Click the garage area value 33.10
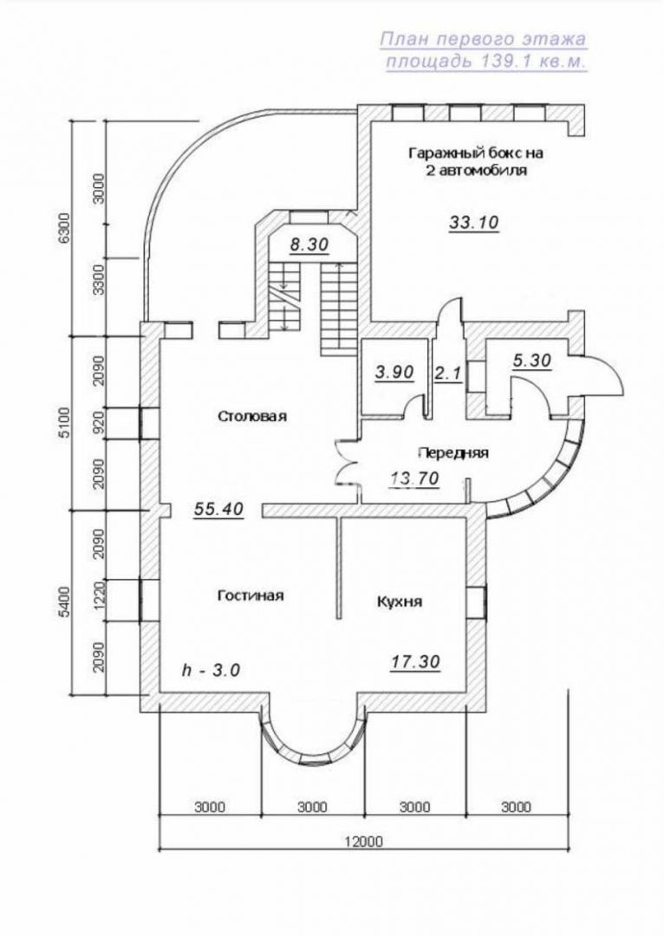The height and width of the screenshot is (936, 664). [x=473, y=223]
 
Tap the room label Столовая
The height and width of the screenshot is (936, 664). [x=251, y=416]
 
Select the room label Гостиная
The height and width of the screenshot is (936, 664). [x=251, y=595]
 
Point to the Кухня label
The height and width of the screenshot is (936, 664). [x=400, y=601]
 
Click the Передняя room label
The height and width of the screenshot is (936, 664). [x=452, y=453]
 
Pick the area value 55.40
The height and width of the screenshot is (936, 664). [x=219, y=509]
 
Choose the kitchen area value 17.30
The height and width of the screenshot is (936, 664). [x=416, y=661]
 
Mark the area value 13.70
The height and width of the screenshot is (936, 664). [x=415, y=478]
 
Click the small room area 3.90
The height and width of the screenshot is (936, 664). [x=394, y=373]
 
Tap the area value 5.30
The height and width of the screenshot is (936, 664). [x=531, y=361]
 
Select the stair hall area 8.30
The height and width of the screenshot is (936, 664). [x=310, y=244]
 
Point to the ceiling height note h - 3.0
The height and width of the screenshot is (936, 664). [x=211, y=670]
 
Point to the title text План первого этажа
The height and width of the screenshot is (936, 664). [x=483, y=39]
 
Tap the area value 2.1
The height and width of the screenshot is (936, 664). [x=448, y=374]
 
